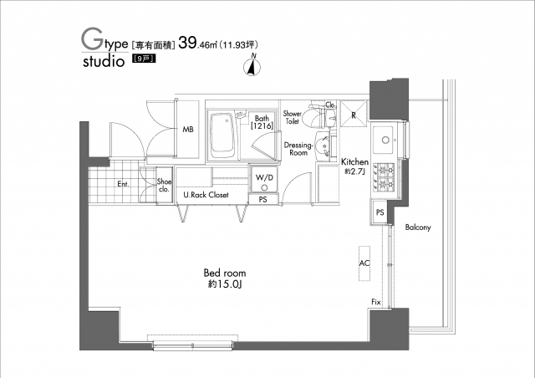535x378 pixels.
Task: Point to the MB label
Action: point(189,130)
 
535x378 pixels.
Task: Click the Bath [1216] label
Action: point(262,122)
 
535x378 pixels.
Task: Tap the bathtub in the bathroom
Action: point(222,135)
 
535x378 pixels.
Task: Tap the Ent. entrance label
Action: point(122,183)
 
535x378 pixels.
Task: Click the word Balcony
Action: point(417,227)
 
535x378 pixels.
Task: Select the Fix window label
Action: point(376,301)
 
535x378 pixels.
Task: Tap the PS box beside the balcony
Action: point(380,213)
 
